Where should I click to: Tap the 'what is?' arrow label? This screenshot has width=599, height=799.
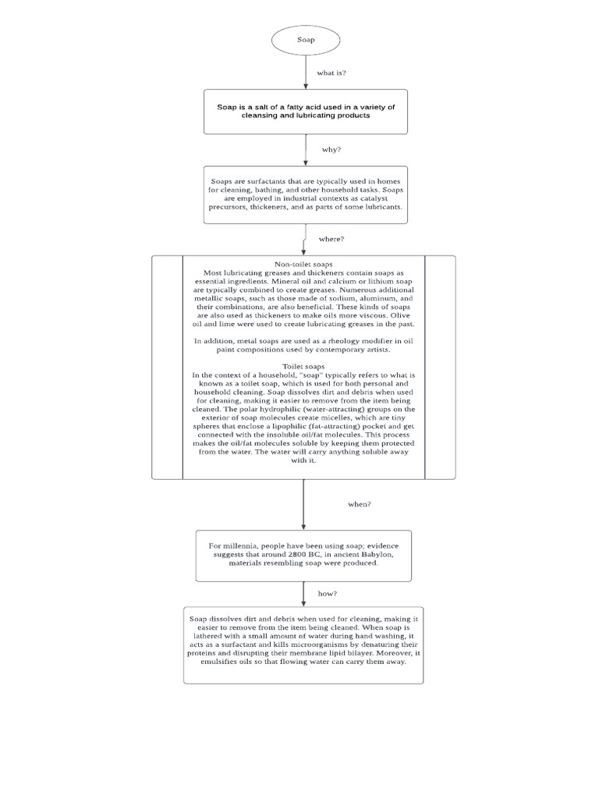pyautogui.click(x=331, y=73)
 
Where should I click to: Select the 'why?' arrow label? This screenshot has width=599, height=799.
pyautogui.click(x=331, y=149)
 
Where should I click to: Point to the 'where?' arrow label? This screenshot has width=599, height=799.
pyautogui.click(x=331, y=239)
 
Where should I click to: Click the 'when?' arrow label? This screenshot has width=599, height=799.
pyautogui.click(x=359, y=504)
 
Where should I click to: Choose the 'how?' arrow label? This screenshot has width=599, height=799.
pyautogui.click(x=327, y=594)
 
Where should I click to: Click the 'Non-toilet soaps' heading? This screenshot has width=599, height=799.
pyautogui.click(x=303, y=264)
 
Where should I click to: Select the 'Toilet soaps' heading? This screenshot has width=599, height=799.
pyautogui.click(x=303, y=365)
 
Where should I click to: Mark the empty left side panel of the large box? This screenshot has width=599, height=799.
pyautogui.click(x=167, y=366)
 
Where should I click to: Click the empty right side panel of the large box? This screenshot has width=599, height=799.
pyautogui.click(x=440, y=366)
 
